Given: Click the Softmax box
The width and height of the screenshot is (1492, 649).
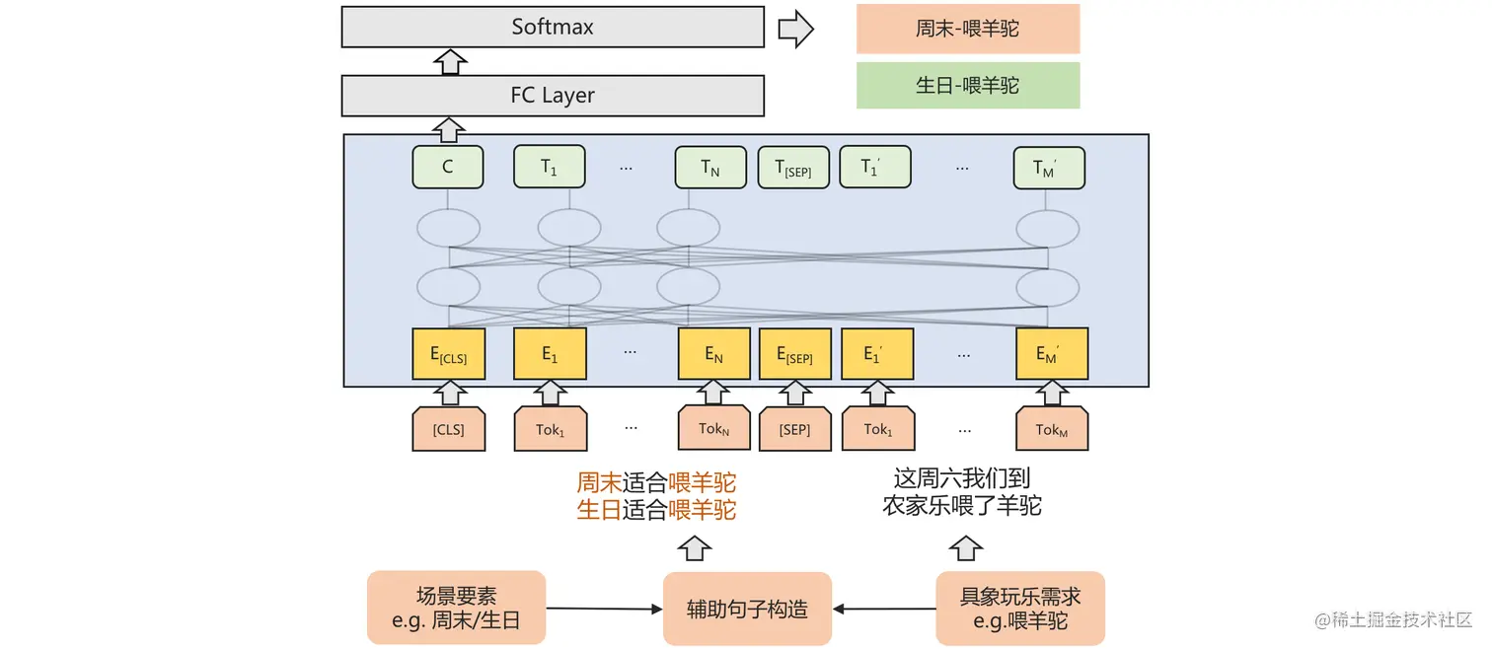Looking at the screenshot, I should pyautogui.click(x=553, y=27).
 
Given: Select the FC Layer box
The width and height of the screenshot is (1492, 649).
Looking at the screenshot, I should pyautogui.click(x=553, y=96).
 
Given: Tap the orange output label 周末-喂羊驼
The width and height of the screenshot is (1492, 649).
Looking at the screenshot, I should pyautogui.click(x=967, y=29).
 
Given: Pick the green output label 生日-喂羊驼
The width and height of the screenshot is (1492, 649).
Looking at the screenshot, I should pyautogui.click(x=967, y=86).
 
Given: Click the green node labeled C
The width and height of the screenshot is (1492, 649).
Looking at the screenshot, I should pyautogui.click(x=447, y=167).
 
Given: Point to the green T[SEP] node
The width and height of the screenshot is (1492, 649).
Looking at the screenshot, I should pyautogui.click(x=792, y=168).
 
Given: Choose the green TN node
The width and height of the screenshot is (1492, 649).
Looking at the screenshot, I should pyautogui.click(x=710, y=168).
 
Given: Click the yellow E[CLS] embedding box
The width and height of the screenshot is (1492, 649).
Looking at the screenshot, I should pyautogui.click(x=448, y=354).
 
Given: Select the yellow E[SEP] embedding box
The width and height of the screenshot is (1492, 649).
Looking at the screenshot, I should pyautogui.click(x=794, y=354).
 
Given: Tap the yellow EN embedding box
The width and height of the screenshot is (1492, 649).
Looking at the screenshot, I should pyautogui.click(x=713, y=354).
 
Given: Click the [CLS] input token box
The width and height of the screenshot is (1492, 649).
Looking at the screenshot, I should pyautogui.click(x=448, y=430).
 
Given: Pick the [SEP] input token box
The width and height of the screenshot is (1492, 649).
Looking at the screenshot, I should pyautogui.click(x=794, y=430).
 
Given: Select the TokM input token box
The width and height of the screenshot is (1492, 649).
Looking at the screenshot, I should pyautogui.click(x=1052, y=430).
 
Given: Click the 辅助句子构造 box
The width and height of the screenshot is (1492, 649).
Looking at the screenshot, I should pyautogui.click(x=747, y=609).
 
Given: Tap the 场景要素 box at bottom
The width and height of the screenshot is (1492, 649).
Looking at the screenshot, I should pyautogui.click(x=456, y=608).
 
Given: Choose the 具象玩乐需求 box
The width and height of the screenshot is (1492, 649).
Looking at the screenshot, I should pyautogui.click(x=1020, y=608).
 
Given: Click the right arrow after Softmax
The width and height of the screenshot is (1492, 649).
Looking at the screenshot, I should pyautogui.click(x=795, y=29).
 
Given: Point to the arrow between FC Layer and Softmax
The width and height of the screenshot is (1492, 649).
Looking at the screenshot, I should pyautogui.click(x=450, y=62).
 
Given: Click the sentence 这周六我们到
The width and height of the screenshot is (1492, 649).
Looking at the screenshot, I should pyautogui.click(x=961, y=479).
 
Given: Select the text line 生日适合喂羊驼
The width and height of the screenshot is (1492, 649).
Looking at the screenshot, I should pyautogui.click(x=656, y=510).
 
